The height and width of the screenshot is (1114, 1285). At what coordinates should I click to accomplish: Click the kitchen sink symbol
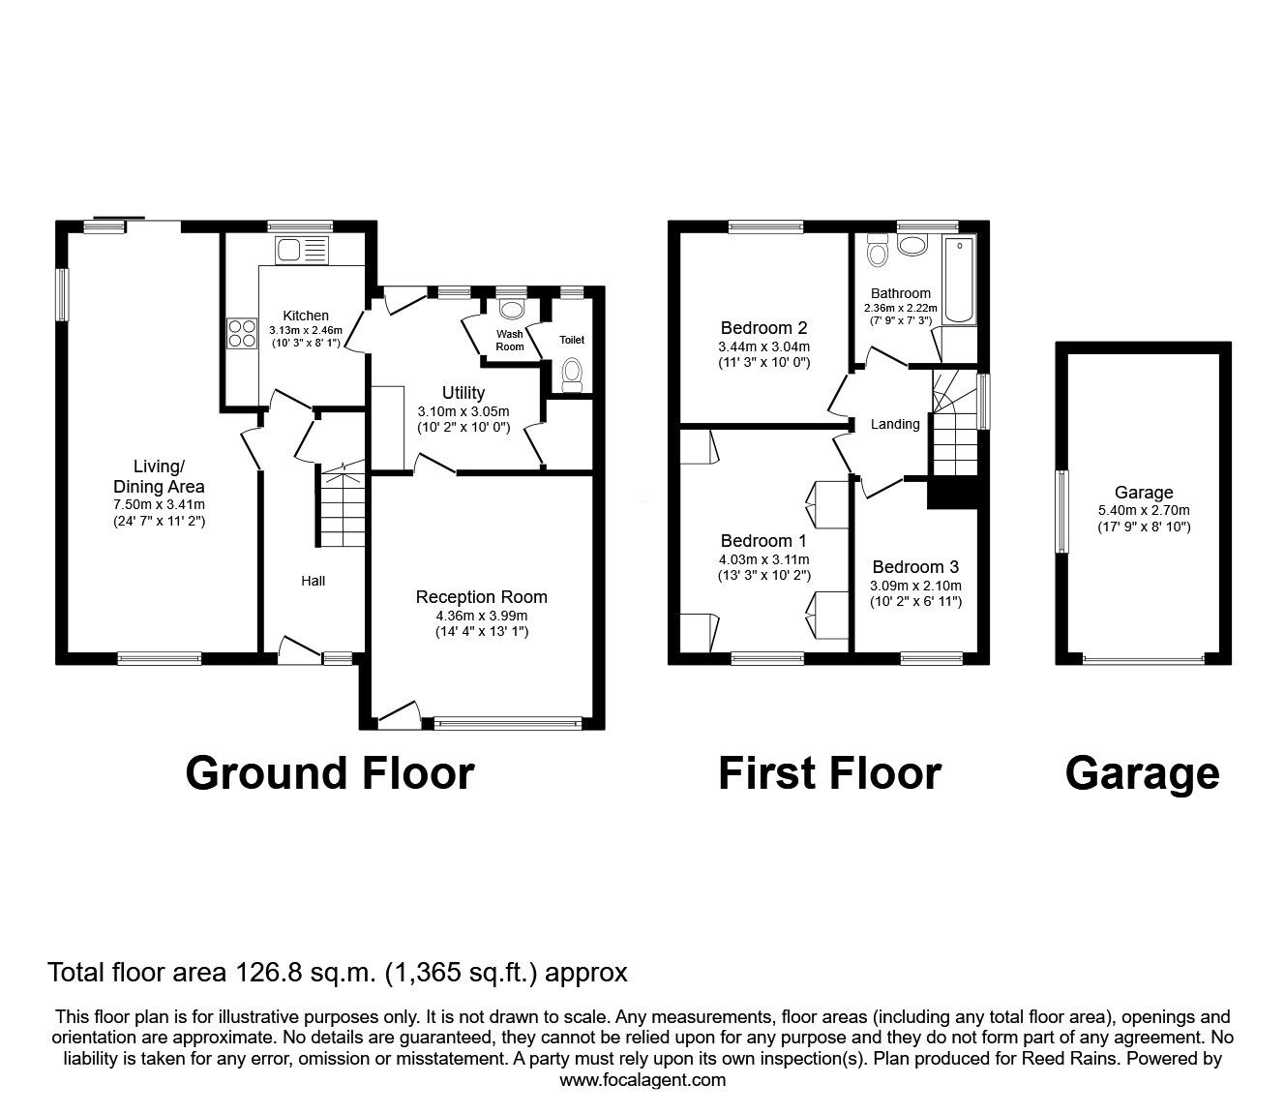click(301, 250)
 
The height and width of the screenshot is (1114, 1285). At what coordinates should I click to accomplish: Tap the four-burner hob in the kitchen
click(243, 333)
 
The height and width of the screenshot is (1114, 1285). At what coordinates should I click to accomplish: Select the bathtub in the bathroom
click(959, 280)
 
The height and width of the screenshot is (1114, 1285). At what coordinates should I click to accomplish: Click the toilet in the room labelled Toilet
click(572, 376)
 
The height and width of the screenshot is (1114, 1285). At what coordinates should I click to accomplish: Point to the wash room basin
click(512, 309)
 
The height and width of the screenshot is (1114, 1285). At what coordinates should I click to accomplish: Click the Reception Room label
click(481, 597)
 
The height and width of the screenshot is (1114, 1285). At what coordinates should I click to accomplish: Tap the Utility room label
click(463, 393)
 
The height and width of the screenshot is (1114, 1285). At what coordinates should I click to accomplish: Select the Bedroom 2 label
click(764, 328)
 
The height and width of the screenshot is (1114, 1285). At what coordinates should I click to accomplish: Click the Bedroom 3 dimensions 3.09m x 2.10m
click(915, 586)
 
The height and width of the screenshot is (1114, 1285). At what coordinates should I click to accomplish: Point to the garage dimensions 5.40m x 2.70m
click(1144, 511)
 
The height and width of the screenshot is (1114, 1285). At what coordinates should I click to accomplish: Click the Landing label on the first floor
click(895, 424)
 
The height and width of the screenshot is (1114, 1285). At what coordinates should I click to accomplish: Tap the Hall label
click(314, 581)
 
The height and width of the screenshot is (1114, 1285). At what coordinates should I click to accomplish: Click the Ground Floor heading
click(330, 773)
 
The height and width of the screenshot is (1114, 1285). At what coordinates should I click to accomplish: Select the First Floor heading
click(830, 773)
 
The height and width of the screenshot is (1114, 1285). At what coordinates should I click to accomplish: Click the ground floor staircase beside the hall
click(342, 505)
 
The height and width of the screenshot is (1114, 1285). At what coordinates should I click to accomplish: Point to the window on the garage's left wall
click(1062, 512)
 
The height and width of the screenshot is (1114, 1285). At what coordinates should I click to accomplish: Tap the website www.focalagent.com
click(642, 1080)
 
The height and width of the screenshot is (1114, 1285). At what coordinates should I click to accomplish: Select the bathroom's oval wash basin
click(912, 245)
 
